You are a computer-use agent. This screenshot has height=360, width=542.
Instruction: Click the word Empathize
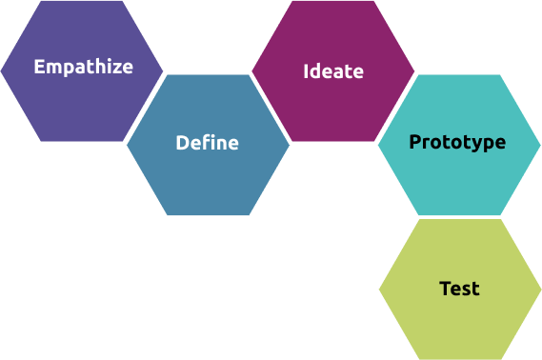point(83,68)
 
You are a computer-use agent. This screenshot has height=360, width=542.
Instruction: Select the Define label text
point(207,144)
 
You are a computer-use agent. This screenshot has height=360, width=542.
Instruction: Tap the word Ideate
point(332,71)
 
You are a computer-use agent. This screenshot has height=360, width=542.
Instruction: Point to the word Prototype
point(457,143)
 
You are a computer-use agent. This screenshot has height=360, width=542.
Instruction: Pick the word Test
point(459,289)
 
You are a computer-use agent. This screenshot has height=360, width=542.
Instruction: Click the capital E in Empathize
point(39,68)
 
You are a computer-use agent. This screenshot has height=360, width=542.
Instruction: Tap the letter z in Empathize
point(115,68)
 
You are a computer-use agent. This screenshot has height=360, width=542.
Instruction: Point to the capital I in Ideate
point(306,71)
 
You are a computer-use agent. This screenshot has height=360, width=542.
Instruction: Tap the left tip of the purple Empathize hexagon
point(2,70)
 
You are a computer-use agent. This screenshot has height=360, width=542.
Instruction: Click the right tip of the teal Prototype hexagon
point(540,145)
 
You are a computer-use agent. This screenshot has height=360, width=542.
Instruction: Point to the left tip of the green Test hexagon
point(379,290)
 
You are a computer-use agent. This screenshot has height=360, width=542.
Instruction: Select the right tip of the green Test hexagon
point(540,290)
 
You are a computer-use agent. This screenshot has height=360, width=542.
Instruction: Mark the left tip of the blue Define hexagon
point(127,145)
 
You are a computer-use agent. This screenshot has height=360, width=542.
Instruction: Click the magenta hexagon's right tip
point(414,71)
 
